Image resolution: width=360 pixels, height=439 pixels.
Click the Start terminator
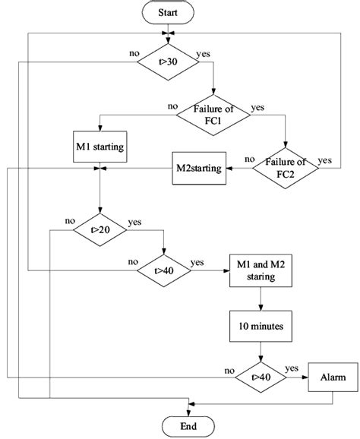(x=168, y=13)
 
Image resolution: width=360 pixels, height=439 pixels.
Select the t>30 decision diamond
(x=168, y=58)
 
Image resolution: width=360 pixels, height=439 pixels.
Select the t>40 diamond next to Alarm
(x=261, y=375)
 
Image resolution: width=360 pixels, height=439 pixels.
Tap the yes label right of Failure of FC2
(x=324, y=159)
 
